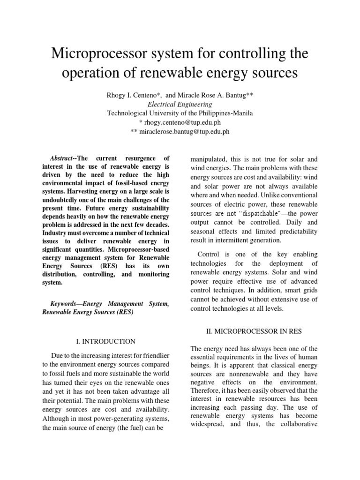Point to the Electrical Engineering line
tap(180, 104)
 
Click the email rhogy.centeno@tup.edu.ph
tap(183, 122)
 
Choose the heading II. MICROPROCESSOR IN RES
tap(254, 331)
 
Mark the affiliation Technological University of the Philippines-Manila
tap(180, 113)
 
